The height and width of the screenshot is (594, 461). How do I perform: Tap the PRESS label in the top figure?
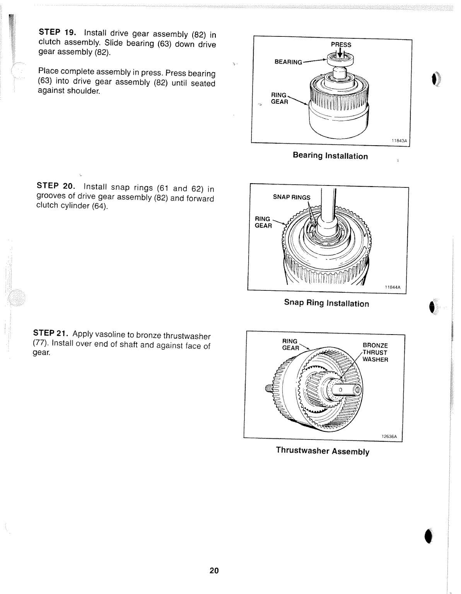click(x=341, y=45)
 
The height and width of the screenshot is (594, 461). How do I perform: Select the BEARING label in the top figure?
click(x=288, y=62)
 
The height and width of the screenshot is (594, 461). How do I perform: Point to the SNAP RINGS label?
click(x=292, y=197)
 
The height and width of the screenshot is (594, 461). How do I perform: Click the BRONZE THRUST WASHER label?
click(x=375, y=352)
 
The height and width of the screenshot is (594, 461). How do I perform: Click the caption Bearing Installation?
click(x=330, y=156)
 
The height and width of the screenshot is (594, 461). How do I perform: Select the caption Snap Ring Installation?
click(x=326, y=303)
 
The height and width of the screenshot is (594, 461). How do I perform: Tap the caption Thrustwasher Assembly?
click(x=323, y=451)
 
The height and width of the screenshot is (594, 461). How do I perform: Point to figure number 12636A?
click(x=389, y=436)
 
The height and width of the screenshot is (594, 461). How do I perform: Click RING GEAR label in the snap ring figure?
click(x=263, y=222)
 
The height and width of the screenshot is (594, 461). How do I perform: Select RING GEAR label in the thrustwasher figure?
click(x=290, y=345)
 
